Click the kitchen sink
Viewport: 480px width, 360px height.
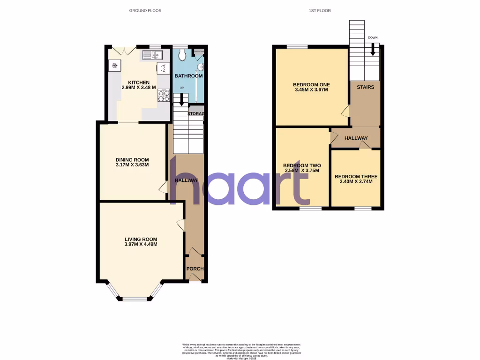click(152, 56)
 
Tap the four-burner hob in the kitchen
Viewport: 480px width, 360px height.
click(164, 95)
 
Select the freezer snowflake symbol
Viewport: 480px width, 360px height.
click(114, 65)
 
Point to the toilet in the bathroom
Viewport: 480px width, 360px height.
click(183, 56)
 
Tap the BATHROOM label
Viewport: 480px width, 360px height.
click(188, 76)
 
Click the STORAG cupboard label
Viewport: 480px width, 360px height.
click(196, 114)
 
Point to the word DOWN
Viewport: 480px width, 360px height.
click(373, 37)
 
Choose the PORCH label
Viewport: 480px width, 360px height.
click(195, 269)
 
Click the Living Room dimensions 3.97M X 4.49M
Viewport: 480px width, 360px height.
click(141, 244)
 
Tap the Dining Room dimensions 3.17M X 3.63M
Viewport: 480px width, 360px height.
click(132, 165)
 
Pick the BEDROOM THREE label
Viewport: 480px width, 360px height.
click(356, 177)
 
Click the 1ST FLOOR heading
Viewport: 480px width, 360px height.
click(320, 10)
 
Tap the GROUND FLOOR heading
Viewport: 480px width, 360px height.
click(145, 10)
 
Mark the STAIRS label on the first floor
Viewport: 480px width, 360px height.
click(365, 87)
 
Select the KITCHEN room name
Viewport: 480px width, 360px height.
click(135, 82)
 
